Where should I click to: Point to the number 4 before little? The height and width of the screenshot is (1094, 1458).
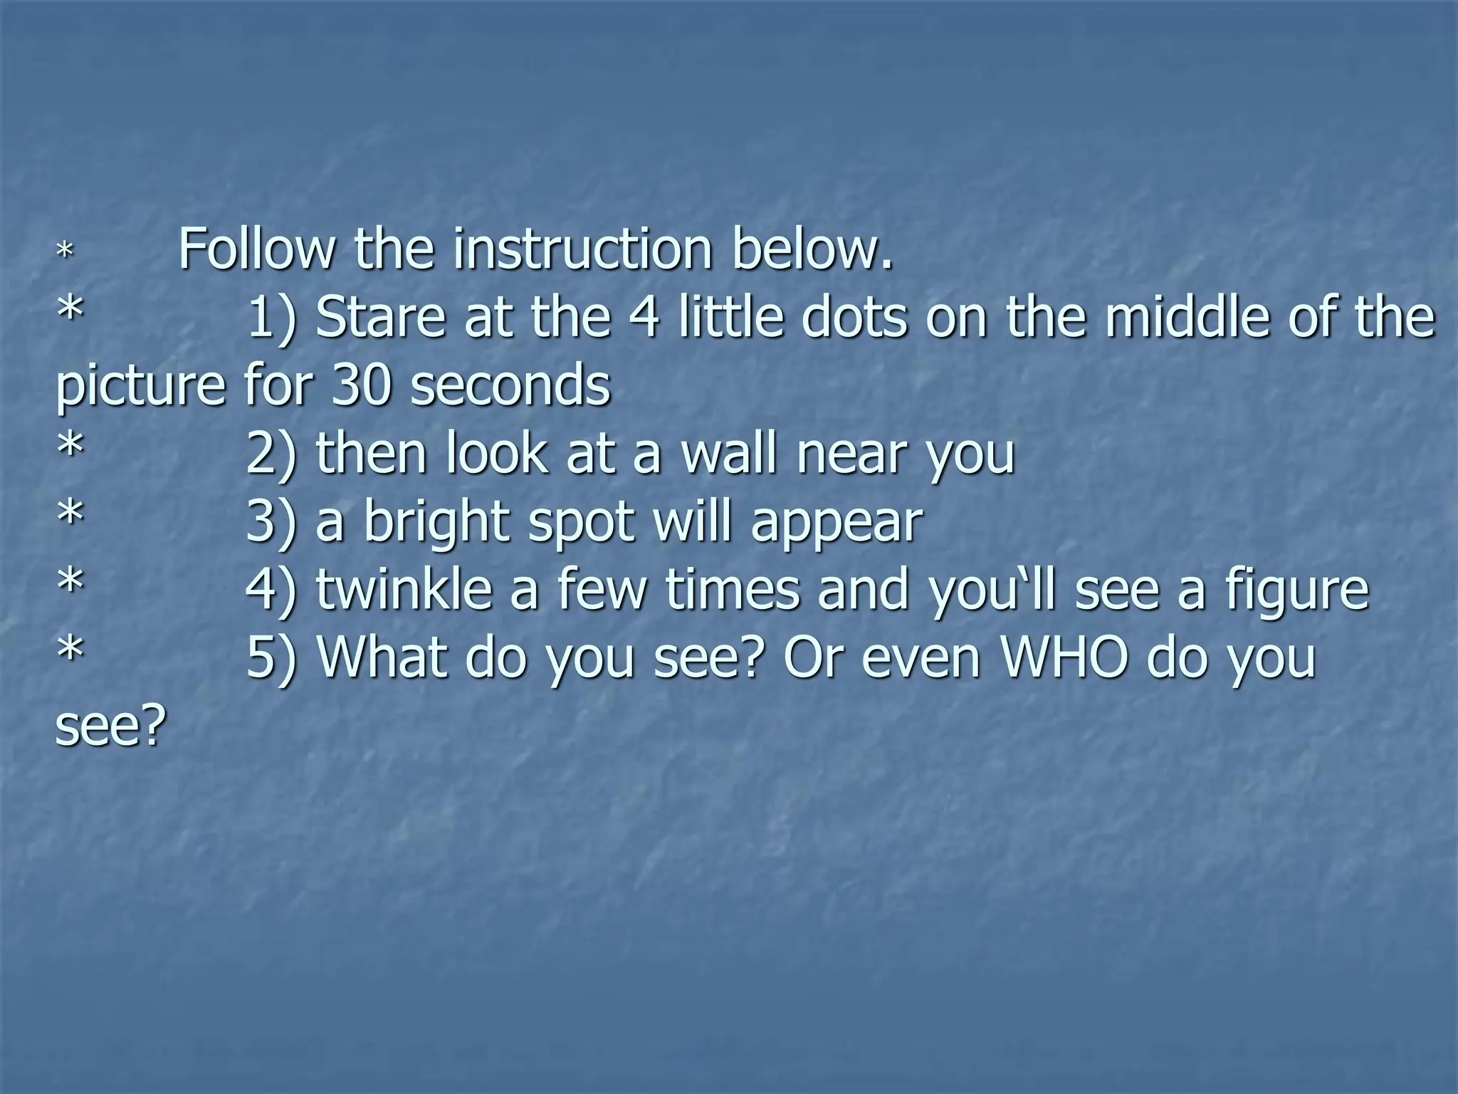[644, 317]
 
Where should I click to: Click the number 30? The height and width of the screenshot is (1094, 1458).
[362, 385]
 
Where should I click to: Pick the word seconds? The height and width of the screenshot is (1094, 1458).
[510, 385]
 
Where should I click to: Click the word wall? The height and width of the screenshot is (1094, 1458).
[729, 453]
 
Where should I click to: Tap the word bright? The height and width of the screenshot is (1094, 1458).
[438, 522]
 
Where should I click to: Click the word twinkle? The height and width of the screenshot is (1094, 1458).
[404, 590]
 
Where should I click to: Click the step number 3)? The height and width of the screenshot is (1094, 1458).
[271, 522]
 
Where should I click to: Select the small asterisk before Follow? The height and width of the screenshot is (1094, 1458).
[65, 251]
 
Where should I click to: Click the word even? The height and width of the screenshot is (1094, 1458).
[922, 657]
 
